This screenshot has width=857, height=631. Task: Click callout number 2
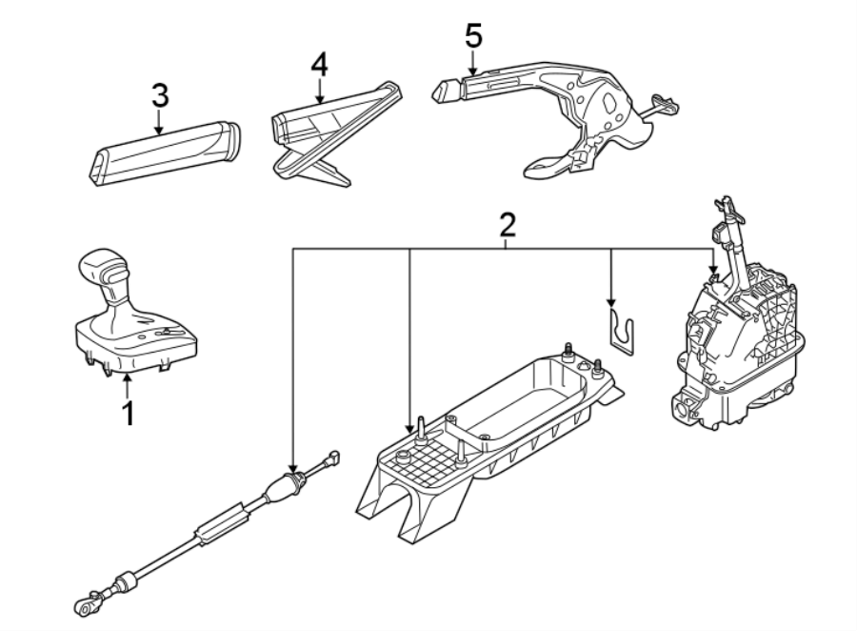tap(508, 225)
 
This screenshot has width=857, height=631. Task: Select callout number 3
tap(160, 95)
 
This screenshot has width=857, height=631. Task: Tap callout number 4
tap(319, 65)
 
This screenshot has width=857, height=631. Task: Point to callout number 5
tap(473, 36)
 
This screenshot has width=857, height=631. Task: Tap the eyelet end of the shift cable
tap(82, 603)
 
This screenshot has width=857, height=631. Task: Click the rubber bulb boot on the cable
tap(284, 490)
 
